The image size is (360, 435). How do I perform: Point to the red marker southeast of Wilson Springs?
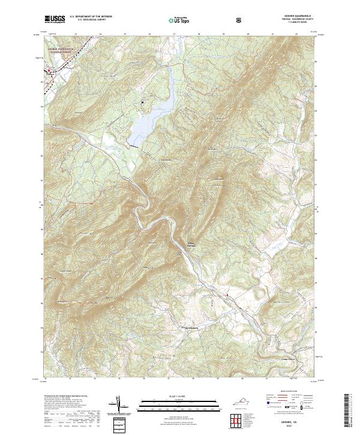coord(227,295)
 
